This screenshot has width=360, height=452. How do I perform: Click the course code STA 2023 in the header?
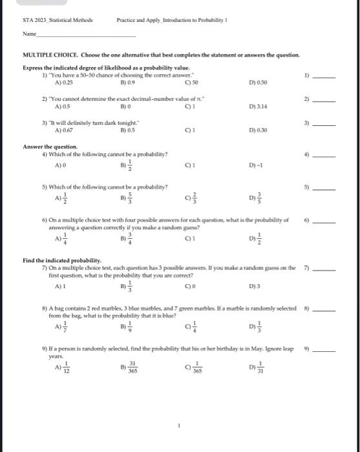(34, 20)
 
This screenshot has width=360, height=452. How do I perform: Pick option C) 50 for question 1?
(189, 83)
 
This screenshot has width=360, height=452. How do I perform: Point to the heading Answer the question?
(50, 147)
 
